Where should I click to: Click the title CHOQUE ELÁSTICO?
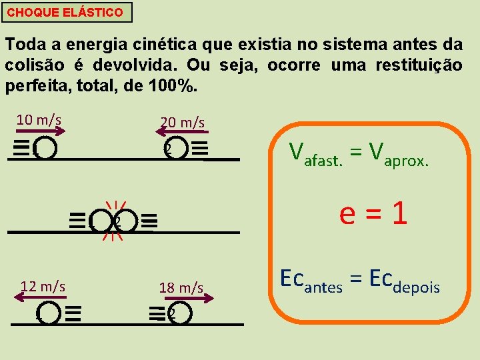65,13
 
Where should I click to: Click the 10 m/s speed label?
39,120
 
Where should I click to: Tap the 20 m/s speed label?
182,123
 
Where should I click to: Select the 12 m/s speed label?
43,287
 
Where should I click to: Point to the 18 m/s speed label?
181,288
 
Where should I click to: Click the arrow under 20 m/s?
182,133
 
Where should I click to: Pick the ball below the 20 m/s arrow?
175,149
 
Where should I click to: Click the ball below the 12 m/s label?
49,313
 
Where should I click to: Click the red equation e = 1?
373,214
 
